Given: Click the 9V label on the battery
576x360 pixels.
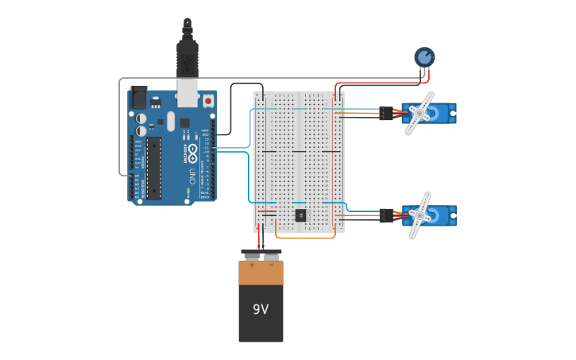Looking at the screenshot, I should (261, 309).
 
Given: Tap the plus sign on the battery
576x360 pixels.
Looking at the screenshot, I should (252, 265).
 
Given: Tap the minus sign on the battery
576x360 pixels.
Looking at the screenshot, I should (270, 265).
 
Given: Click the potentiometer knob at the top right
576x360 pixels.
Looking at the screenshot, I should (424, 56).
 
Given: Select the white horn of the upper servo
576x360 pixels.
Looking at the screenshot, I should (419, 113).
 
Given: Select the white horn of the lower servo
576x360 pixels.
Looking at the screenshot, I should (419, 215).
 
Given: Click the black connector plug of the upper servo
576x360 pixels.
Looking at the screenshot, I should (386, 114).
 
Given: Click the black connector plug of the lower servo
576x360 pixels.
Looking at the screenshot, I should (386, 215).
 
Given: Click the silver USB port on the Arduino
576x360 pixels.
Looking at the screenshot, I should (187, 93).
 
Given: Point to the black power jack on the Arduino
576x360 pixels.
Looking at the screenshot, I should (138, 97).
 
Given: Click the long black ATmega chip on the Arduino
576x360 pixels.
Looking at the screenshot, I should (153, 168).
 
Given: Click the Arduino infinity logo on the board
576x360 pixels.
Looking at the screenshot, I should (193, 150).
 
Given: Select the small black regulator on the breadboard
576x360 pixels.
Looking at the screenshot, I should (300, 215).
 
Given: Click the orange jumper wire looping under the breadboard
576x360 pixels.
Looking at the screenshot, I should (305, 238).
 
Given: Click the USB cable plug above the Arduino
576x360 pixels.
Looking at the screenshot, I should (187, 60).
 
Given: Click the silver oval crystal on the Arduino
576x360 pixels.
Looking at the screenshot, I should (170, 122).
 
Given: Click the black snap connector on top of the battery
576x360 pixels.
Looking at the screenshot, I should (261, 254).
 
